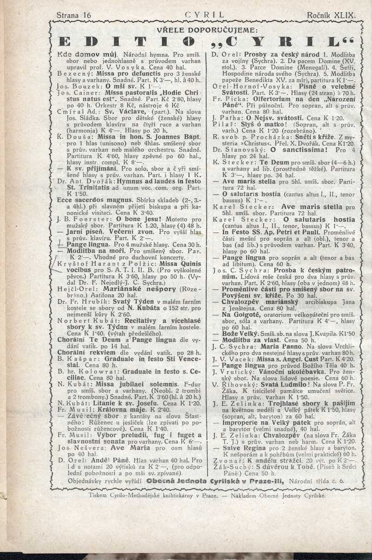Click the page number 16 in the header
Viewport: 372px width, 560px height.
click(86, 15)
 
